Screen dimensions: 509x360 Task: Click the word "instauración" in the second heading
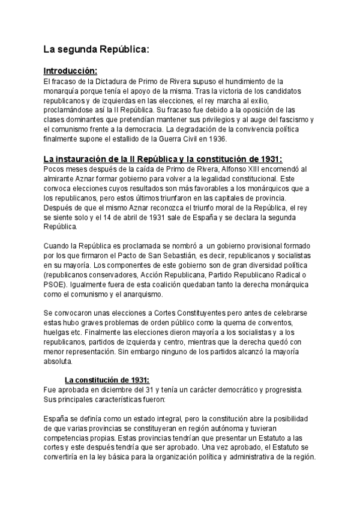(x=96, y=159)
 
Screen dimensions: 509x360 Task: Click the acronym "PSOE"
(x=55, y=285)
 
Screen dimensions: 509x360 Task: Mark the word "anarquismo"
(x=160, y=295)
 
